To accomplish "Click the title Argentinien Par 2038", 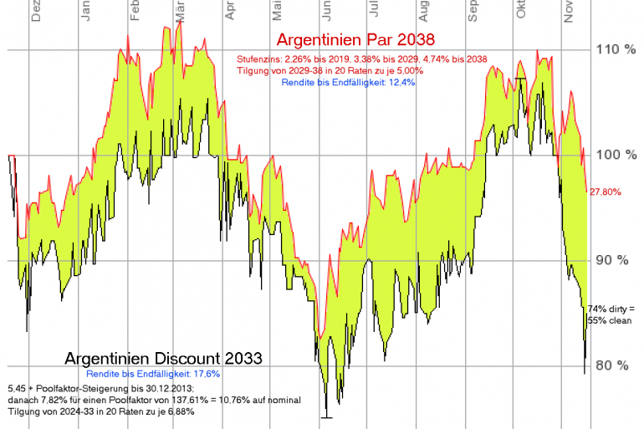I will click(x=355, y=41).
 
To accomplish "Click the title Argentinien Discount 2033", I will click(x=163, y=358).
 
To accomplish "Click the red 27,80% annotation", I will click(x=605, y=192).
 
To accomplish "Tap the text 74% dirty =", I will click(x=611, y=308).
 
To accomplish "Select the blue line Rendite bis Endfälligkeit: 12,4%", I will click(x=349, y=82).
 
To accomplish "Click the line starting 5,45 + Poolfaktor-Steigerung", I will click(x=100, y=389).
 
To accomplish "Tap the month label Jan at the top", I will click(x=87, y=11).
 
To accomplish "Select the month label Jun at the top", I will click(x=328, y=11).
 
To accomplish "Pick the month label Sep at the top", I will click(x=473, y=11).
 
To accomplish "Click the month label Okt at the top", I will click(x=522, y=11).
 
